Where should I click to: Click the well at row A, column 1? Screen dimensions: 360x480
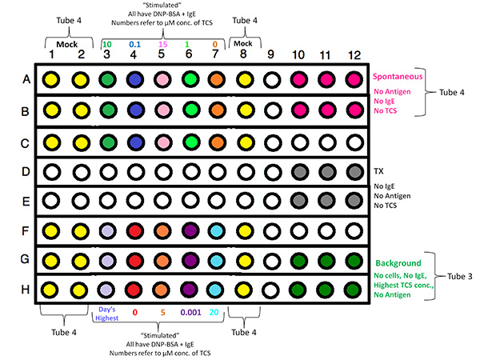51,79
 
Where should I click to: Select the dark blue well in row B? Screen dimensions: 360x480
134,110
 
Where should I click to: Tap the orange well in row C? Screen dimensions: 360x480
217,139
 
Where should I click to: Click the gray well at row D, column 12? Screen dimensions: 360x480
354,170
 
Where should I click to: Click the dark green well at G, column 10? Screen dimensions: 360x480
298,260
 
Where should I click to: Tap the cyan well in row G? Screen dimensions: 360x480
216,260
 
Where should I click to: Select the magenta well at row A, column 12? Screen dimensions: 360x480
354,79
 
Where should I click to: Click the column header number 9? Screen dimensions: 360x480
271,54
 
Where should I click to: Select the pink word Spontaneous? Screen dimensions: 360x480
397,77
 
